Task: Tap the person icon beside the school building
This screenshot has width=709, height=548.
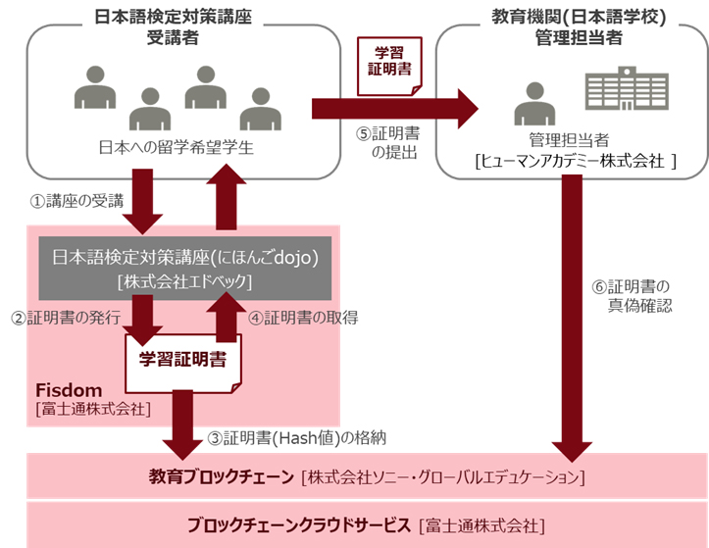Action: point(532,101)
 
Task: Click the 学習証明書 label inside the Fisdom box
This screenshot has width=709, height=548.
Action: point(182,360)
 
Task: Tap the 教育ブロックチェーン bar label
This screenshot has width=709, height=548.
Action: point(222,477)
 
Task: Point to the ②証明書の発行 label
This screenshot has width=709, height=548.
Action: point(66,318)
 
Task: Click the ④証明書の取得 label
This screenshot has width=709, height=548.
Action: point(301,318)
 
